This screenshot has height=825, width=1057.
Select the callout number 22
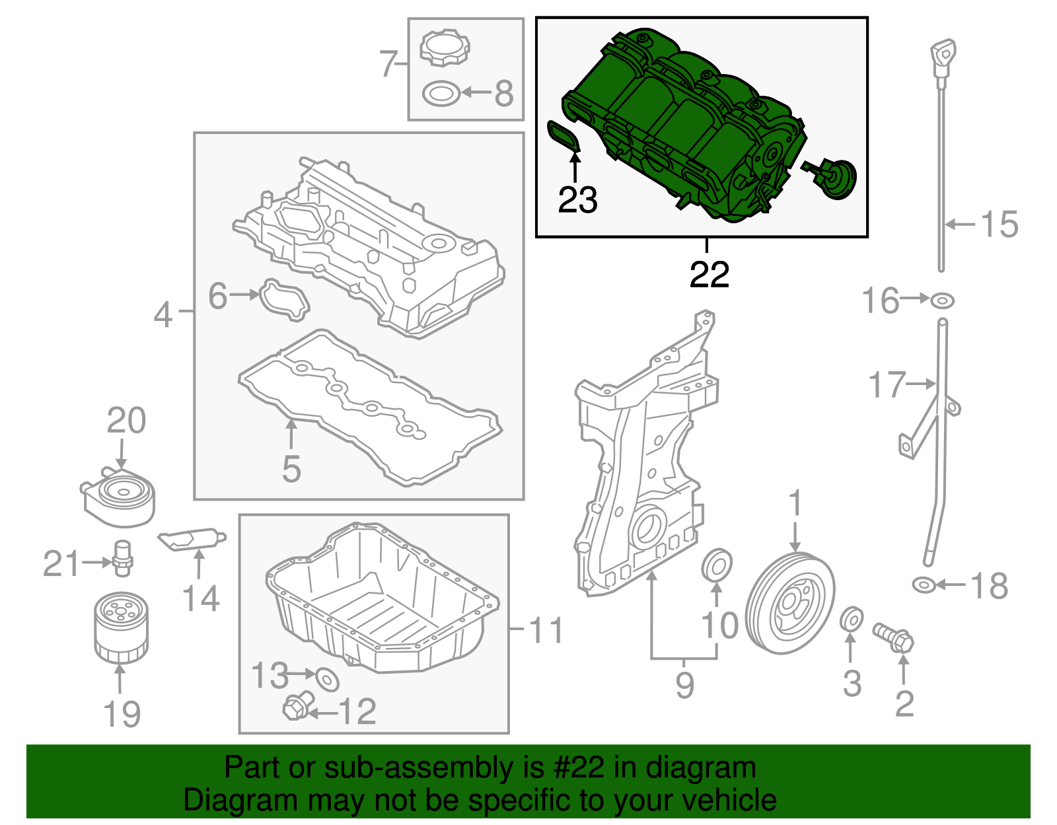pyautogui.click(x=709, y=274)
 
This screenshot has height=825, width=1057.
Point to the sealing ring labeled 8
pyautogui.click(x=441, y=94)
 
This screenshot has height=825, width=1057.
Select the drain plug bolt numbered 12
pyautogui.click(x=297, y=707)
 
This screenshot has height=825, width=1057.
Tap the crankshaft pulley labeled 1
pyautogui.click(x=790, y=604)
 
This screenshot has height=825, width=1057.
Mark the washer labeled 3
pyautogui.click(x=852, y=620)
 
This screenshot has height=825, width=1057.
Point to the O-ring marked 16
pyautogui.click(x=943, y=301)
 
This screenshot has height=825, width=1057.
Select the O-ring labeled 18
pyautogui.click(x=924, y=585)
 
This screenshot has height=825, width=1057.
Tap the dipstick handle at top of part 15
pyautogui.click(x=944, y=53)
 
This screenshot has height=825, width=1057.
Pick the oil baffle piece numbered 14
pyautogui.click(x=192, y=539)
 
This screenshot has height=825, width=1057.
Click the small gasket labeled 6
pyautogui.click(x=284, y=301)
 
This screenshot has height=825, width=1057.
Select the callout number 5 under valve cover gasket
pyautogui.click(x=291, y=468)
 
